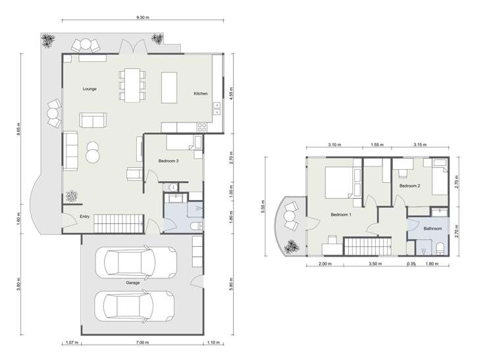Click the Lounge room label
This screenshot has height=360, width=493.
click(x=90, y=88)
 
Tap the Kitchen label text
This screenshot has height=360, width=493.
click(x=201, y=93)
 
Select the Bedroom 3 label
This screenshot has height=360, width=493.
click(x=169, y=161)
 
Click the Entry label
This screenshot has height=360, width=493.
click(x=85, y=216)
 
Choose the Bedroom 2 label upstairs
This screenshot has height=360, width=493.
click(x=409, y=186)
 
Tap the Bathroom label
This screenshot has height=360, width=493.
click(x=432, y=228)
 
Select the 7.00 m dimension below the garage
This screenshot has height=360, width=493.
click(x=142, y=342)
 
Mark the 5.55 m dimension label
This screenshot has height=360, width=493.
click(x=265, y=206)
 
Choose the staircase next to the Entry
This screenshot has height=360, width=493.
click(x=118, y=223)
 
